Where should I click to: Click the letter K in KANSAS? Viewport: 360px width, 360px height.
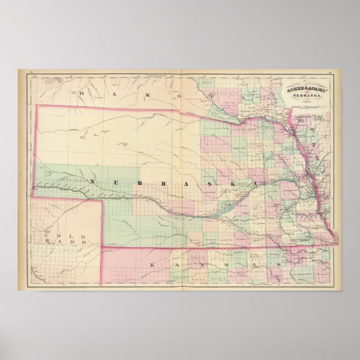click(152, 262)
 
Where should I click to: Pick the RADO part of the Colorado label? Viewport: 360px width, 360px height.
click(74, 243)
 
